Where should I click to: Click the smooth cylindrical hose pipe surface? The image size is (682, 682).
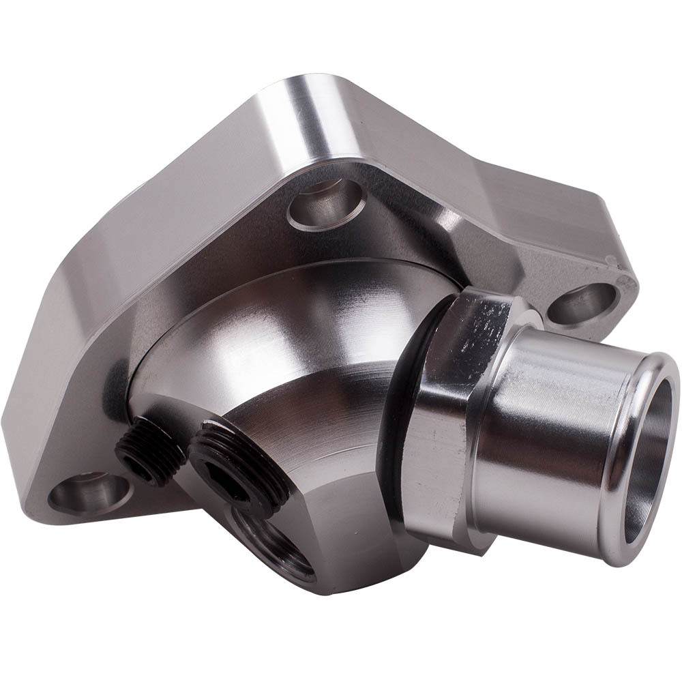(546, 436)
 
